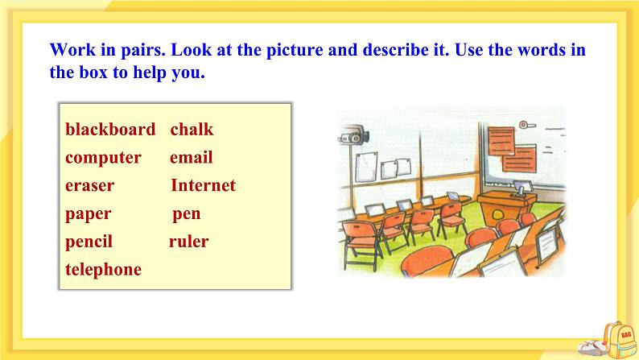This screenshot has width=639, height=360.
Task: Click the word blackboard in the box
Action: point(110,130)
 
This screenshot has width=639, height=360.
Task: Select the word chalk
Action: point(192,130)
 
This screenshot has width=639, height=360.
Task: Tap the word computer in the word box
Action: point(103,158)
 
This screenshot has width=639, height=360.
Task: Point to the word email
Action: point(191,158)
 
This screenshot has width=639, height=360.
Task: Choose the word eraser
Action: point(90,186)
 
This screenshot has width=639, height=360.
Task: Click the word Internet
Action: point(203,186)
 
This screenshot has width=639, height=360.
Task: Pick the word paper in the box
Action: point(89,214)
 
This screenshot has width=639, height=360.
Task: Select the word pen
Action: point(187,214)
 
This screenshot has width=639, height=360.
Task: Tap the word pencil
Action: point(89,242)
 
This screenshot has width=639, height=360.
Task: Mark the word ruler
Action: point(188,242)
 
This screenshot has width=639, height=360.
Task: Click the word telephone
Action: point(103,270)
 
